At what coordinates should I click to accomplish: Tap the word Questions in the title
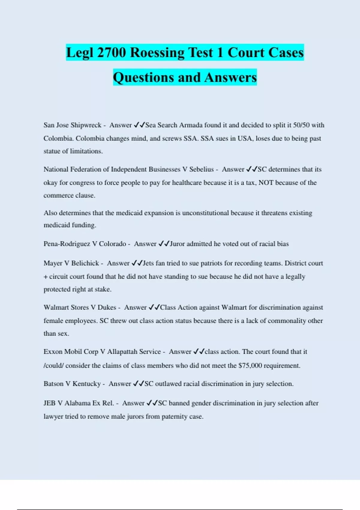point(143,77)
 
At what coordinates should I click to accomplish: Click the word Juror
point(177,244)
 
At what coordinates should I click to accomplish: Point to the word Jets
point(148,263)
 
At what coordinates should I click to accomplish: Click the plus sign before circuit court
point(46,277)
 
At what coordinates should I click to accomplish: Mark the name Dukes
point(107,307)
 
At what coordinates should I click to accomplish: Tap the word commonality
point(287,321)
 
